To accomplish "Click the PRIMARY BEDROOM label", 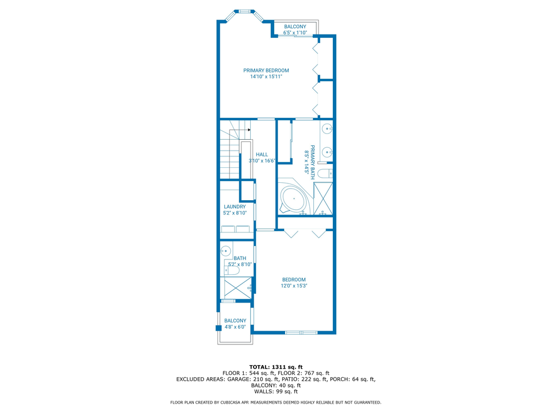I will click(x=266, y=70).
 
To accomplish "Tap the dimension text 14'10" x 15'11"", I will click(x=266, y=76).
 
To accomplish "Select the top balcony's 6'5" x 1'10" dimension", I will click(x=295, y=33).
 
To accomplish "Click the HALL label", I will click(x=262, y=154).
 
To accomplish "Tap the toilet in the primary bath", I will click(x=325, y=173).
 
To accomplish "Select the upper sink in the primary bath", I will click(x=327, y=129).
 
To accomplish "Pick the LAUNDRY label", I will click(x=235, y=206).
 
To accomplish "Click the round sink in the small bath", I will click(x=226, y=250).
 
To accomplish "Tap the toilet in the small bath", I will click(x=228, y=268).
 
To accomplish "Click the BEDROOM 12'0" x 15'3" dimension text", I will click(x=294, y=286).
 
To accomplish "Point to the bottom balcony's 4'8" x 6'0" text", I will click(x=235, y=327).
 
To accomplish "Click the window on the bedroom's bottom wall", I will click(x=301, y=332).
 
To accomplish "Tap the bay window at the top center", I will click(x=245, y=11).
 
